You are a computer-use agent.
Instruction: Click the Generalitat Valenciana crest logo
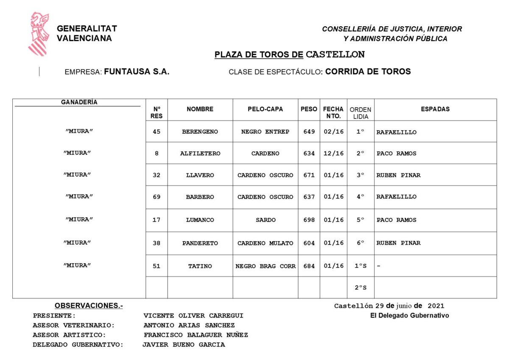pyautogui.click(x=39, y=34)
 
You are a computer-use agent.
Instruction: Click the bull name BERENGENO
pyautogui.click(x=200, y=132)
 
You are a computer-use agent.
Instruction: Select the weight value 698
pyautogui.click(x=309, y=220)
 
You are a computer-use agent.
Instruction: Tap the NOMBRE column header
pyautogui.click(x=200, y=109)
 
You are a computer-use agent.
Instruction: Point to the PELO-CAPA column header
pyautogui.click(x=265, y=109)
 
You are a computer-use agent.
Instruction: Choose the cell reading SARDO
pyautogui.click(x=265, y=220)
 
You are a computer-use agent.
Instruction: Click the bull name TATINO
pyautogui.click(x=200, y=266)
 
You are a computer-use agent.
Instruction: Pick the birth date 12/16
pyautogui.click(x=333, y=153)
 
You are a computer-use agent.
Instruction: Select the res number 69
pyautogui.click(x=157, y=197)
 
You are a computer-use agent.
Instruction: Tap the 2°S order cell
pyautogui.click(x=361, y=287)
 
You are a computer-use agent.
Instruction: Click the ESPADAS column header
pyautogui.click(x=435, y=109)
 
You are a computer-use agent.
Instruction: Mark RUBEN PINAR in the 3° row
pyautogui.click(x=398, y=175)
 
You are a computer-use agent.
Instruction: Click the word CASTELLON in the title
pyautogui.click(x=335, y=55)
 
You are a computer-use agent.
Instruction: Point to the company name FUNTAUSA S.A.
pyautogui.click(x=137, y=72)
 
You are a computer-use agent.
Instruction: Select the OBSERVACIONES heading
pyautogui.click(x=89, y=306)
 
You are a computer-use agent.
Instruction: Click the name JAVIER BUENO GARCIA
pyautogui.click(x=184, y=345)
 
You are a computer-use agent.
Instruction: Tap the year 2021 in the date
pyautogui.click(x=436, y=306)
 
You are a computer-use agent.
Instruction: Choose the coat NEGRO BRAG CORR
pyautogui.click(x=265, y=266)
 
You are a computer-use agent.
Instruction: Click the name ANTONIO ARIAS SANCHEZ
pyautogui.click(x=189, y=325)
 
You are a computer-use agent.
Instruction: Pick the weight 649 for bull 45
pyautogui.click(x=309, y=132)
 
